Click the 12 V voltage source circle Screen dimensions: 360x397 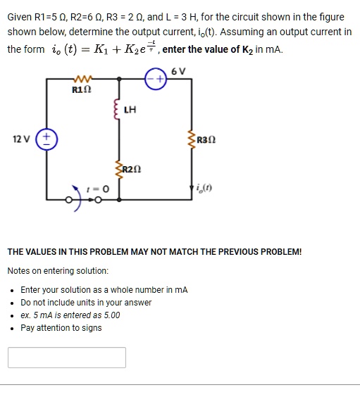pos(48,138)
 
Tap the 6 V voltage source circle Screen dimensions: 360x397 pos(155,81)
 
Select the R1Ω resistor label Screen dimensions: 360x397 pos(82,90)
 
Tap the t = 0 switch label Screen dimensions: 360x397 pos(98,189)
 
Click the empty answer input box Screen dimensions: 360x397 pos(67,358)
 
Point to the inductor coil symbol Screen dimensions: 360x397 pos(118,109)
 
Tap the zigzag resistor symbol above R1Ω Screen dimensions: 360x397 pos(82,80)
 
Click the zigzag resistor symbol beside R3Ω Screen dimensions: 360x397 pos(191,139)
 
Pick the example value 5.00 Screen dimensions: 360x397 pos(109,315)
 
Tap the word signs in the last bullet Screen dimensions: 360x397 pos(90,328)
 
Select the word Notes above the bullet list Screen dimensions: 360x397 pos(19,271)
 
